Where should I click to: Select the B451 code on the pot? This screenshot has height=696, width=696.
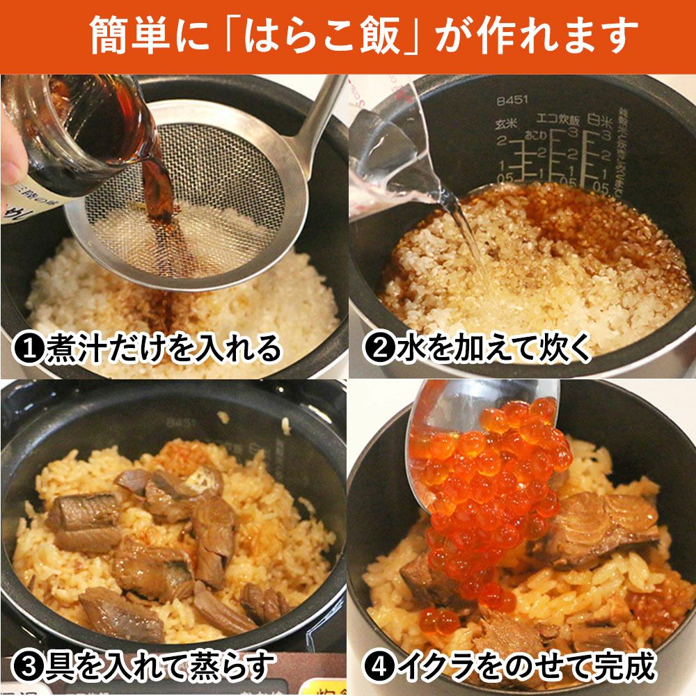tap(512, 101)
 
